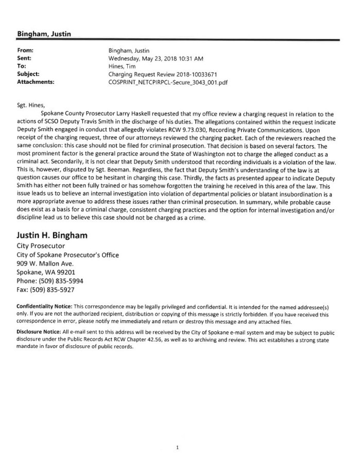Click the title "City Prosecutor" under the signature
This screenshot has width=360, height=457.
click(x=40, y=246)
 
